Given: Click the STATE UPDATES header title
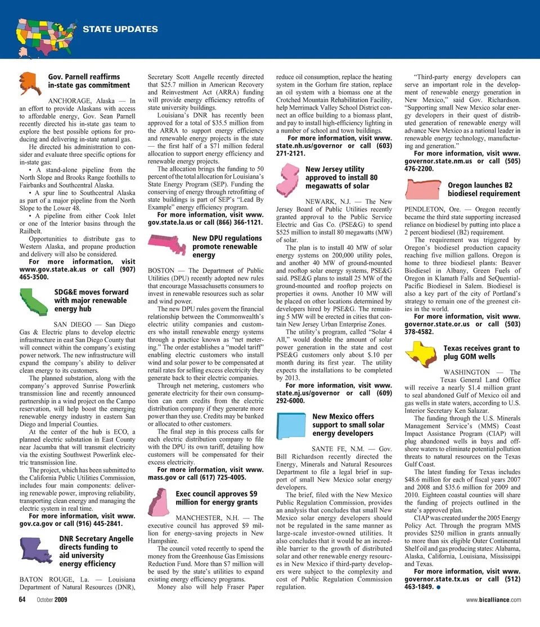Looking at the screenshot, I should coord(120,29).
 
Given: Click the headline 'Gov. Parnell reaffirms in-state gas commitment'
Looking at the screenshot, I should coord(88,81).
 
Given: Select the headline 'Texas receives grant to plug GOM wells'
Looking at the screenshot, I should coord(481,352).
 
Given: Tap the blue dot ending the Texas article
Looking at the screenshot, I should coord(437,588).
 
